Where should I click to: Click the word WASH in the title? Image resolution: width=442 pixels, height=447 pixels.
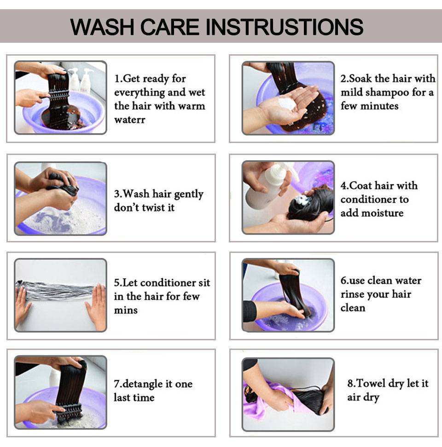pos(102,27)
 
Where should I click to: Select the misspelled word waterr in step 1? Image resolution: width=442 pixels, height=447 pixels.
pos(129,120)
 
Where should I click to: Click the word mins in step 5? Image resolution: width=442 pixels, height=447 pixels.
pos(126,310)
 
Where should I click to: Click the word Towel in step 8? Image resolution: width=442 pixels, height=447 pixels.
pos(371,384)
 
